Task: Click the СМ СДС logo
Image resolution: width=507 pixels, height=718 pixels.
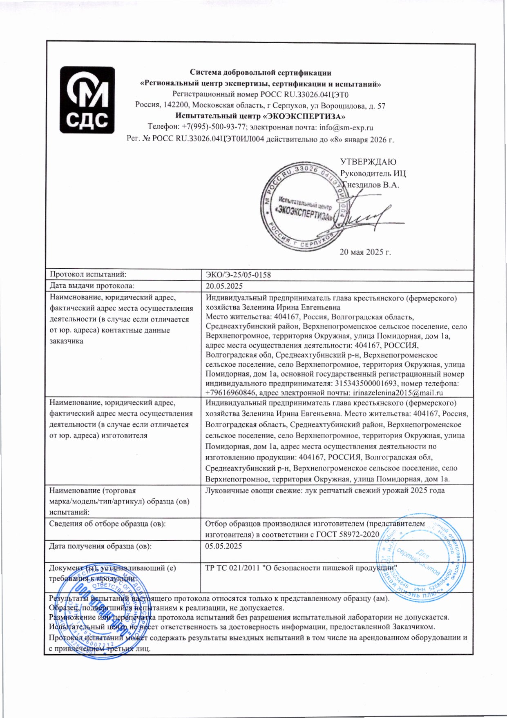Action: pos(87,100)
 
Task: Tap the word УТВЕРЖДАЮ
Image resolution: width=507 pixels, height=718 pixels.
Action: pos(368,162)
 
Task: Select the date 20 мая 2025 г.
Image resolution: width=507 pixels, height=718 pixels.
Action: pos(365,252)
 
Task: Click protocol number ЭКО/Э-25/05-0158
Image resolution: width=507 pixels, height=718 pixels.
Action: pos(238,275)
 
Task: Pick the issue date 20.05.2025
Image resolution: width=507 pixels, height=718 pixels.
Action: pos(224,286)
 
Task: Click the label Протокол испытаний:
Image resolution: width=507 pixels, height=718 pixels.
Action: pos(88,275)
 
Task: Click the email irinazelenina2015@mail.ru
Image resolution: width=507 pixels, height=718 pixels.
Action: pos(398,393)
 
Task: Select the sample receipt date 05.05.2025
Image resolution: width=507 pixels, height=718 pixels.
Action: pos(223,546)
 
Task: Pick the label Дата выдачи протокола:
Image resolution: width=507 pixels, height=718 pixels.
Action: pos(92,286)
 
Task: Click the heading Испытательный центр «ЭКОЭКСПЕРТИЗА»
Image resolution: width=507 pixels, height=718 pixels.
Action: pos(261,116)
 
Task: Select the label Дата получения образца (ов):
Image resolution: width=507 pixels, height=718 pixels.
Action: pos(100,546)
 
